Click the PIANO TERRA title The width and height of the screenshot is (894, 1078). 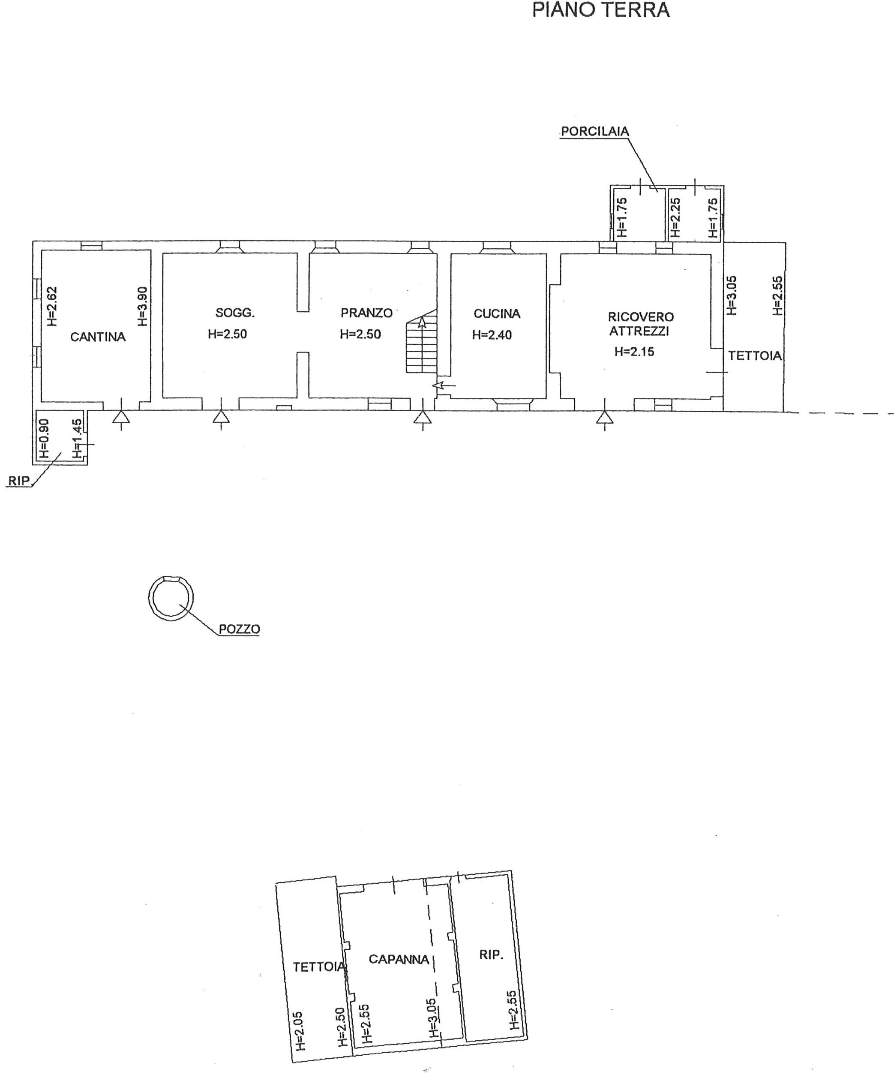(600, 10)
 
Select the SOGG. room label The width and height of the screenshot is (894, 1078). (235, 313)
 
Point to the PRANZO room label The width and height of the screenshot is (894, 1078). (366, 313)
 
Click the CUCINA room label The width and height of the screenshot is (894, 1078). (497, 313)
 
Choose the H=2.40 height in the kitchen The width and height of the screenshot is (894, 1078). (492, 335)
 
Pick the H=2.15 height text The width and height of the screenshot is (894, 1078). (634, 352)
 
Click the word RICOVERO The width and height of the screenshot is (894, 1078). (641, 317)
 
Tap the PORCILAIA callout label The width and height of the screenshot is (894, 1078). (595, 131)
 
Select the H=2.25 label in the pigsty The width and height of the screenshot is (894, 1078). (675, 218)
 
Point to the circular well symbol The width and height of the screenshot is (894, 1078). (171, 599)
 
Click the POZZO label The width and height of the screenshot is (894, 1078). (239, 629)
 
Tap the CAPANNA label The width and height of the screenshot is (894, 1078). (399, 959)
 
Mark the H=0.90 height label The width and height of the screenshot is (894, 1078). (44, 439)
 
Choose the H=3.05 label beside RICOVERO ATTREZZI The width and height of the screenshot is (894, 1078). (732, 295)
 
